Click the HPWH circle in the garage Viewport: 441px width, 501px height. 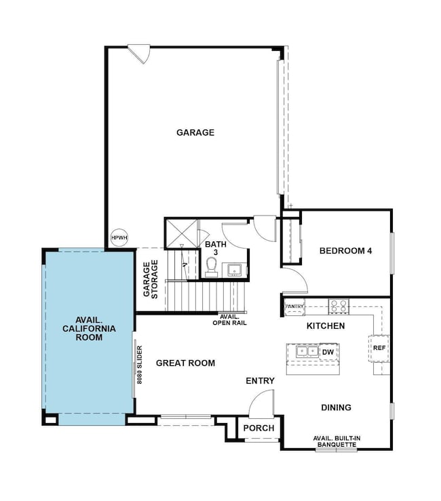pyautogui.click(x=119, y=238)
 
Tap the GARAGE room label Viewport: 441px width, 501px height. pyautogui.click(x=195, y=133)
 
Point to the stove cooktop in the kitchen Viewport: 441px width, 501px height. pyautogui.click(x=339, y=306)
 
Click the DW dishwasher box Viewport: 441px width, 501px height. pyautogui.click(x=328, y=352)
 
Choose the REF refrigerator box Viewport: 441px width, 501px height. pyautogui.click(x=379, y=348)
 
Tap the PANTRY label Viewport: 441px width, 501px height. pyautogui.click(x=294, y=306)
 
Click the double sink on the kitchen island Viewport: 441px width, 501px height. pyautogui.click(x=307, y=351)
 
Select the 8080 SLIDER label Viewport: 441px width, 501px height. pyautogui.click(x=139, y=365)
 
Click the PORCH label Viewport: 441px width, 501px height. pyautogui.click(x=258, y=428)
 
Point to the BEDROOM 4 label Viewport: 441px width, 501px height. pyautogui.click(x=346, y=251)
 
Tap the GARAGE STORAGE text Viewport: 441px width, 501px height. pyautogui.click(x=151, y=279)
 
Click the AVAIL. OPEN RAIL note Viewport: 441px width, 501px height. pyautogui.click(x=229, y=320)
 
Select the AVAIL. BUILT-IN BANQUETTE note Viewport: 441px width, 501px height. pyautogui.click(x=337, y=441)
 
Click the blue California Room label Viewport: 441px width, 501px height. pyautogui.click(x=90, y=328)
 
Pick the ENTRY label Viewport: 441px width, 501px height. pyautogui.click(x=260, y=381)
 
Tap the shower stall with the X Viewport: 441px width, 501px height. pyautogui.click(x=181, y=234)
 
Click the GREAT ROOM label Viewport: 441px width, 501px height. pyautogui.click(x=185, y=363)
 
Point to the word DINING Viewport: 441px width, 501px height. pyautogui.click(x=336, y=407)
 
